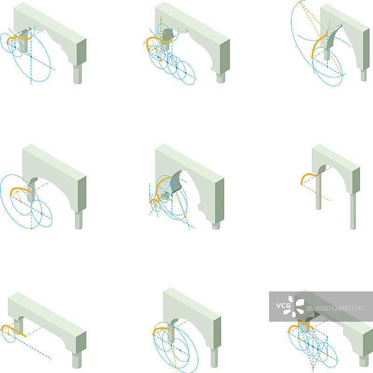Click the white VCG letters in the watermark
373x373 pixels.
(x=283, y=305)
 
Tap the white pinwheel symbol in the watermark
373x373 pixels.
(x=297, y=306)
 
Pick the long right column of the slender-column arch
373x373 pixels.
(x=353, y=211)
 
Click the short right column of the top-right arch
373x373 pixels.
(x=364, y=76)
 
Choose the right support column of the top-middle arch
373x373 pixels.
(x=221, y=78)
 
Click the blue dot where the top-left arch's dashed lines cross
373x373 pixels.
(x=31, y=56)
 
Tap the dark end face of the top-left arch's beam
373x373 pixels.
(x=81, y=52)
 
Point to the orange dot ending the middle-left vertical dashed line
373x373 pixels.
(x=31, y=228)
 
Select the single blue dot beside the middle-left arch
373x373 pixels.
(x=41, y=214)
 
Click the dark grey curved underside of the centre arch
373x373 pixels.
(x=177, y=181)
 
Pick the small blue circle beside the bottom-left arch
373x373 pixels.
(x=8, y=334)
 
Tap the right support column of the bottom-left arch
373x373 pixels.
(x=77, y=360)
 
